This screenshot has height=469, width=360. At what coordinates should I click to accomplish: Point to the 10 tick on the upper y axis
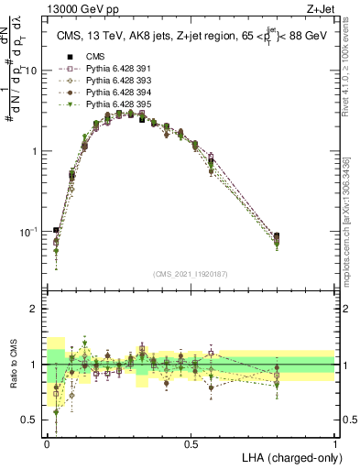pos(31,71)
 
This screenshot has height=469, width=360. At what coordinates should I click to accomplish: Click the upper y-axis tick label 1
pos(35,151)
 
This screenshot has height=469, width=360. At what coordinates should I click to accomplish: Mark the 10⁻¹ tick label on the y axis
pos(28,231)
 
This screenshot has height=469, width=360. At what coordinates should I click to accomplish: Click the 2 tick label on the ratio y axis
pos(35,309)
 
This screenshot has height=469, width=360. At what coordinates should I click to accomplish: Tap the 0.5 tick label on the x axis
pos(191,444)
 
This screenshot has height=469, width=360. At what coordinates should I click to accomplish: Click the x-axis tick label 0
pos(47,444)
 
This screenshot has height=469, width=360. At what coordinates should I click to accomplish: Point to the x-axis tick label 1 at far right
pos(335,444)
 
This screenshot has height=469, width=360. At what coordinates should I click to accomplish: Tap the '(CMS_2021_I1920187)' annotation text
pos(191,275)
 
